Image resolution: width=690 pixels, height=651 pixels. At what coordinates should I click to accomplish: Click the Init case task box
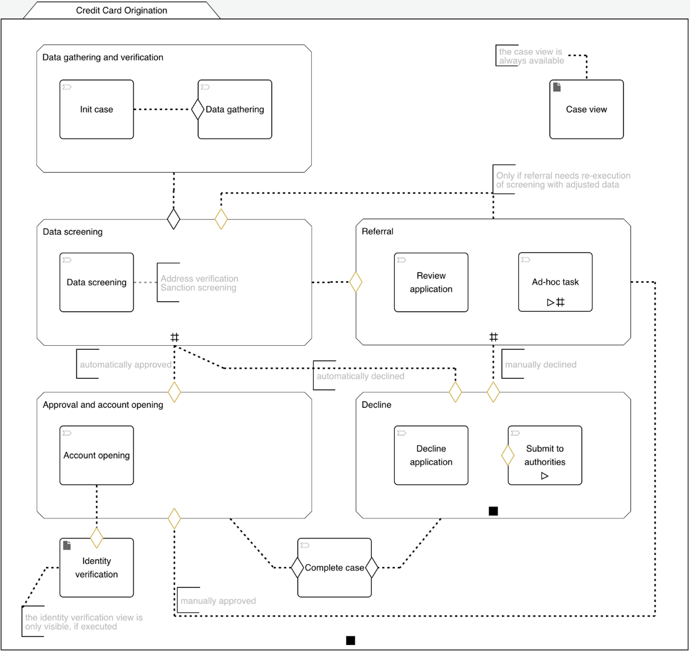[x=97, y=109]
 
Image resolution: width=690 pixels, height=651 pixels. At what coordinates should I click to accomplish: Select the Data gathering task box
[x=235, y=109]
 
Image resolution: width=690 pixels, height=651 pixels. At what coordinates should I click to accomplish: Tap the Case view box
[x=586, y=109]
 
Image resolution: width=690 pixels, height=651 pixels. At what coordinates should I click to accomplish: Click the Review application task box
[x=431, y=282]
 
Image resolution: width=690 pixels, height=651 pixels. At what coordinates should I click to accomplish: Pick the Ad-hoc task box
[x=555, y=282]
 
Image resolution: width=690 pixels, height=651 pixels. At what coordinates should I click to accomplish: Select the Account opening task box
[x=97, y=455]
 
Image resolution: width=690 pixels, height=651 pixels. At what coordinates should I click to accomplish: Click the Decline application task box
[x=431, y=455]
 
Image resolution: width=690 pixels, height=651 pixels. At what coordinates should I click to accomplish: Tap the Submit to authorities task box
[x=545, y=455]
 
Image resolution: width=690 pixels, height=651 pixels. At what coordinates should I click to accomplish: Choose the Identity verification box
[x=97, y=567]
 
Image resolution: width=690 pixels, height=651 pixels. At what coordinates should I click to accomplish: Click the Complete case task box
[x=334, y=567]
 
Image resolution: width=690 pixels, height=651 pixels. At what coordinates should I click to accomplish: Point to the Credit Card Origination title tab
[x=121, y=11]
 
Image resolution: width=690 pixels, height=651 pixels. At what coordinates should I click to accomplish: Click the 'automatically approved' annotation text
[x=125, y=364]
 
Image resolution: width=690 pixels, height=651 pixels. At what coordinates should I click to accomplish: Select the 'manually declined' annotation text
[x=540, y=364]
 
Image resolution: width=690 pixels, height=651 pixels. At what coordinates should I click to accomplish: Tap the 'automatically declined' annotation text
[x=360, y=376]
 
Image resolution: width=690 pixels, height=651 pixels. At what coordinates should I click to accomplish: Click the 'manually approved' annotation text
[x=218, y=600]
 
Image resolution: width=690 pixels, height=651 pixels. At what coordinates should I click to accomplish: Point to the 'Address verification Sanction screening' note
[x=199, y=283]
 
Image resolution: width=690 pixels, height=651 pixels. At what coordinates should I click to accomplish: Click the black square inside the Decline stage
[x=493, y=511]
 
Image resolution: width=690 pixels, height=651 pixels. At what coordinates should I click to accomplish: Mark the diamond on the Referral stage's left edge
[x=356, y=282]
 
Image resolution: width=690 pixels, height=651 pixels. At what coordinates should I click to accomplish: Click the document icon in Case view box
[x=557, y=87]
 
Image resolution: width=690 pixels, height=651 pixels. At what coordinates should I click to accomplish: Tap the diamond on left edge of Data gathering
[x=198, y=109]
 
